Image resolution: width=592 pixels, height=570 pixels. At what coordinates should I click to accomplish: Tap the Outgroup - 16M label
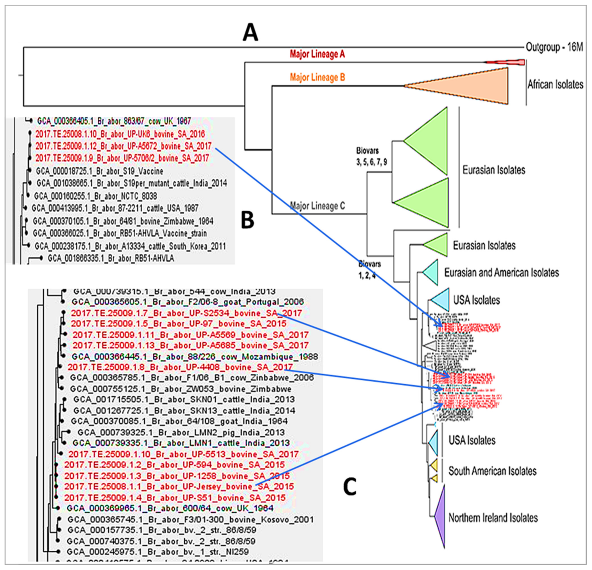pyautogui.click(x=554, y=47)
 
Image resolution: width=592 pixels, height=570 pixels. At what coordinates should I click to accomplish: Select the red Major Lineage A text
pyautogui.click(x=317, y=54)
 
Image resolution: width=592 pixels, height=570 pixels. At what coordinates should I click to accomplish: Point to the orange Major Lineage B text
pyautogui.click(x=317, y=78)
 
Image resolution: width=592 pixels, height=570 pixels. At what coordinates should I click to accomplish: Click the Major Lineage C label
pyautogui.click(x=317, y=206)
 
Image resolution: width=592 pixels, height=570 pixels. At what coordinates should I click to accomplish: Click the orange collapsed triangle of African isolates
pyautogui.click(x=471, y=86)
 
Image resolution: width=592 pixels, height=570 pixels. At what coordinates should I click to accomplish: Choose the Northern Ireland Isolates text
pyautogui.click(x=493, y=518)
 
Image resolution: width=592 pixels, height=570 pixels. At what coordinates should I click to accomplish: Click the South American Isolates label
pyautogui.click(x=492, y=471)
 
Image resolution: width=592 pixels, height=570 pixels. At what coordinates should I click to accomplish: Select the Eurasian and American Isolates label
pyautogui.click(x=501, y=273)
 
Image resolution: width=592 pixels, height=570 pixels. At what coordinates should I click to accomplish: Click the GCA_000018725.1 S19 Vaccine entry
pyautogui.click(x=99, y=171)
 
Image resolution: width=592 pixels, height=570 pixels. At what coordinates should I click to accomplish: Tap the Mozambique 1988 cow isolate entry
pyautogui.click(x=195, y=357)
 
